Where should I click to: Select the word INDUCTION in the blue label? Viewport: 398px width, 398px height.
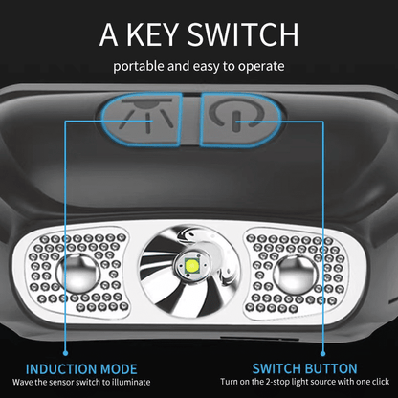tap(61, 368)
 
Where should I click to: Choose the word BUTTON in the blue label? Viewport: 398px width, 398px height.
tap(331, 368)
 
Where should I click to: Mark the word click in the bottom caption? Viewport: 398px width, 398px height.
tap(374, 383)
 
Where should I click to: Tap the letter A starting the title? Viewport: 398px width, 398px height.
tap(107, 35)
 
